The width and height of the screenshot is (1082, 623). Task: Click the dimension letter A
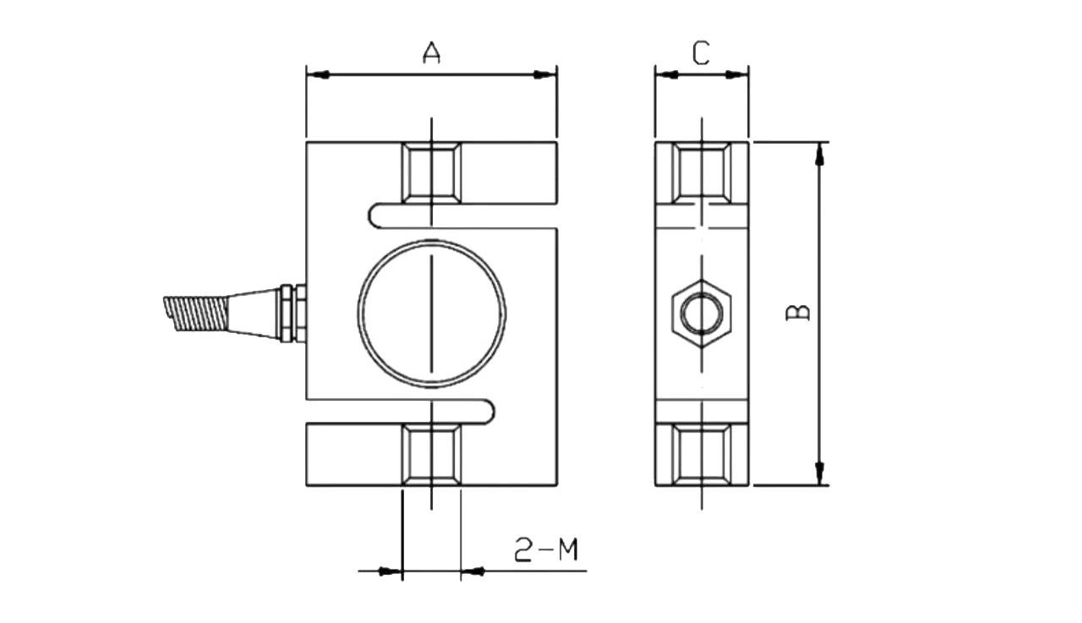tap(431, 52)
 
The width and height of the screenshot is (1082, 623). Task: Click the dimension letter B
tap(797, 312)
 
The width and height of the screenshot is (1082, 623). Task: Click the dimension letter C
tap(701, 53)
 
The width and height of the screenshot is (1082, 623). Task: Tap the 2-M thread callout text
tap(546, 549)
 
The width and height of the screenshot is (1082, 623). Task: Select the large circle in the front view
tap(358, 314)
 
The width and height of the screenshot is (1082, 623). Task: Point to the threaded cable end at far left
tap(195, 314)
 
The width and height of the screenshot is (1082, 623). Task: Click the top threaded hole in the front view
tap(431, 173)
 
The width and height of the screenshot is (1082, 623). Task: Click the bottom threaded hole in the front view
tap(431, 455)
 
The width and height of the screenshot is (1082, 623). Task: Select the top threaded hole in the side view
tap(702, 173)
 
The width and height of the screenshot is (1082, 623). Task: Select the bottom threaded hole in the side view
tap(702, 455)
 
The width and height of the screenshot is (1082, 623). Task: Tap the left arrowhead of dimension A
tap(318, 75)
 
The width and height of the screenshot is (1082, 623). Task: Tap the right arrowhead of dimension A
tap(545, 75)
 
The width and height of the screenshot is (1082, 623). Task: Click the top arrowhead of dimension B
tap(819, 154)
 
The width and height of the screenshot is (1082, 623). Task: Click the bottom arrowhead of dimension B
tap(819, 473)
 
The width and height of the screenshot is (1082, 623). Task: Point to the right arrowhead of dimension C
tap(737, 75)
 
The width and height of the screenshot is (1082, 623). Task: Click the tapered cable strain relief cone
tap(253, 314)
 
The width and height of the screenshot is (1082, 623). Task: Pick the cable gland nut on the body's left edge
tap(293, 314)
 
